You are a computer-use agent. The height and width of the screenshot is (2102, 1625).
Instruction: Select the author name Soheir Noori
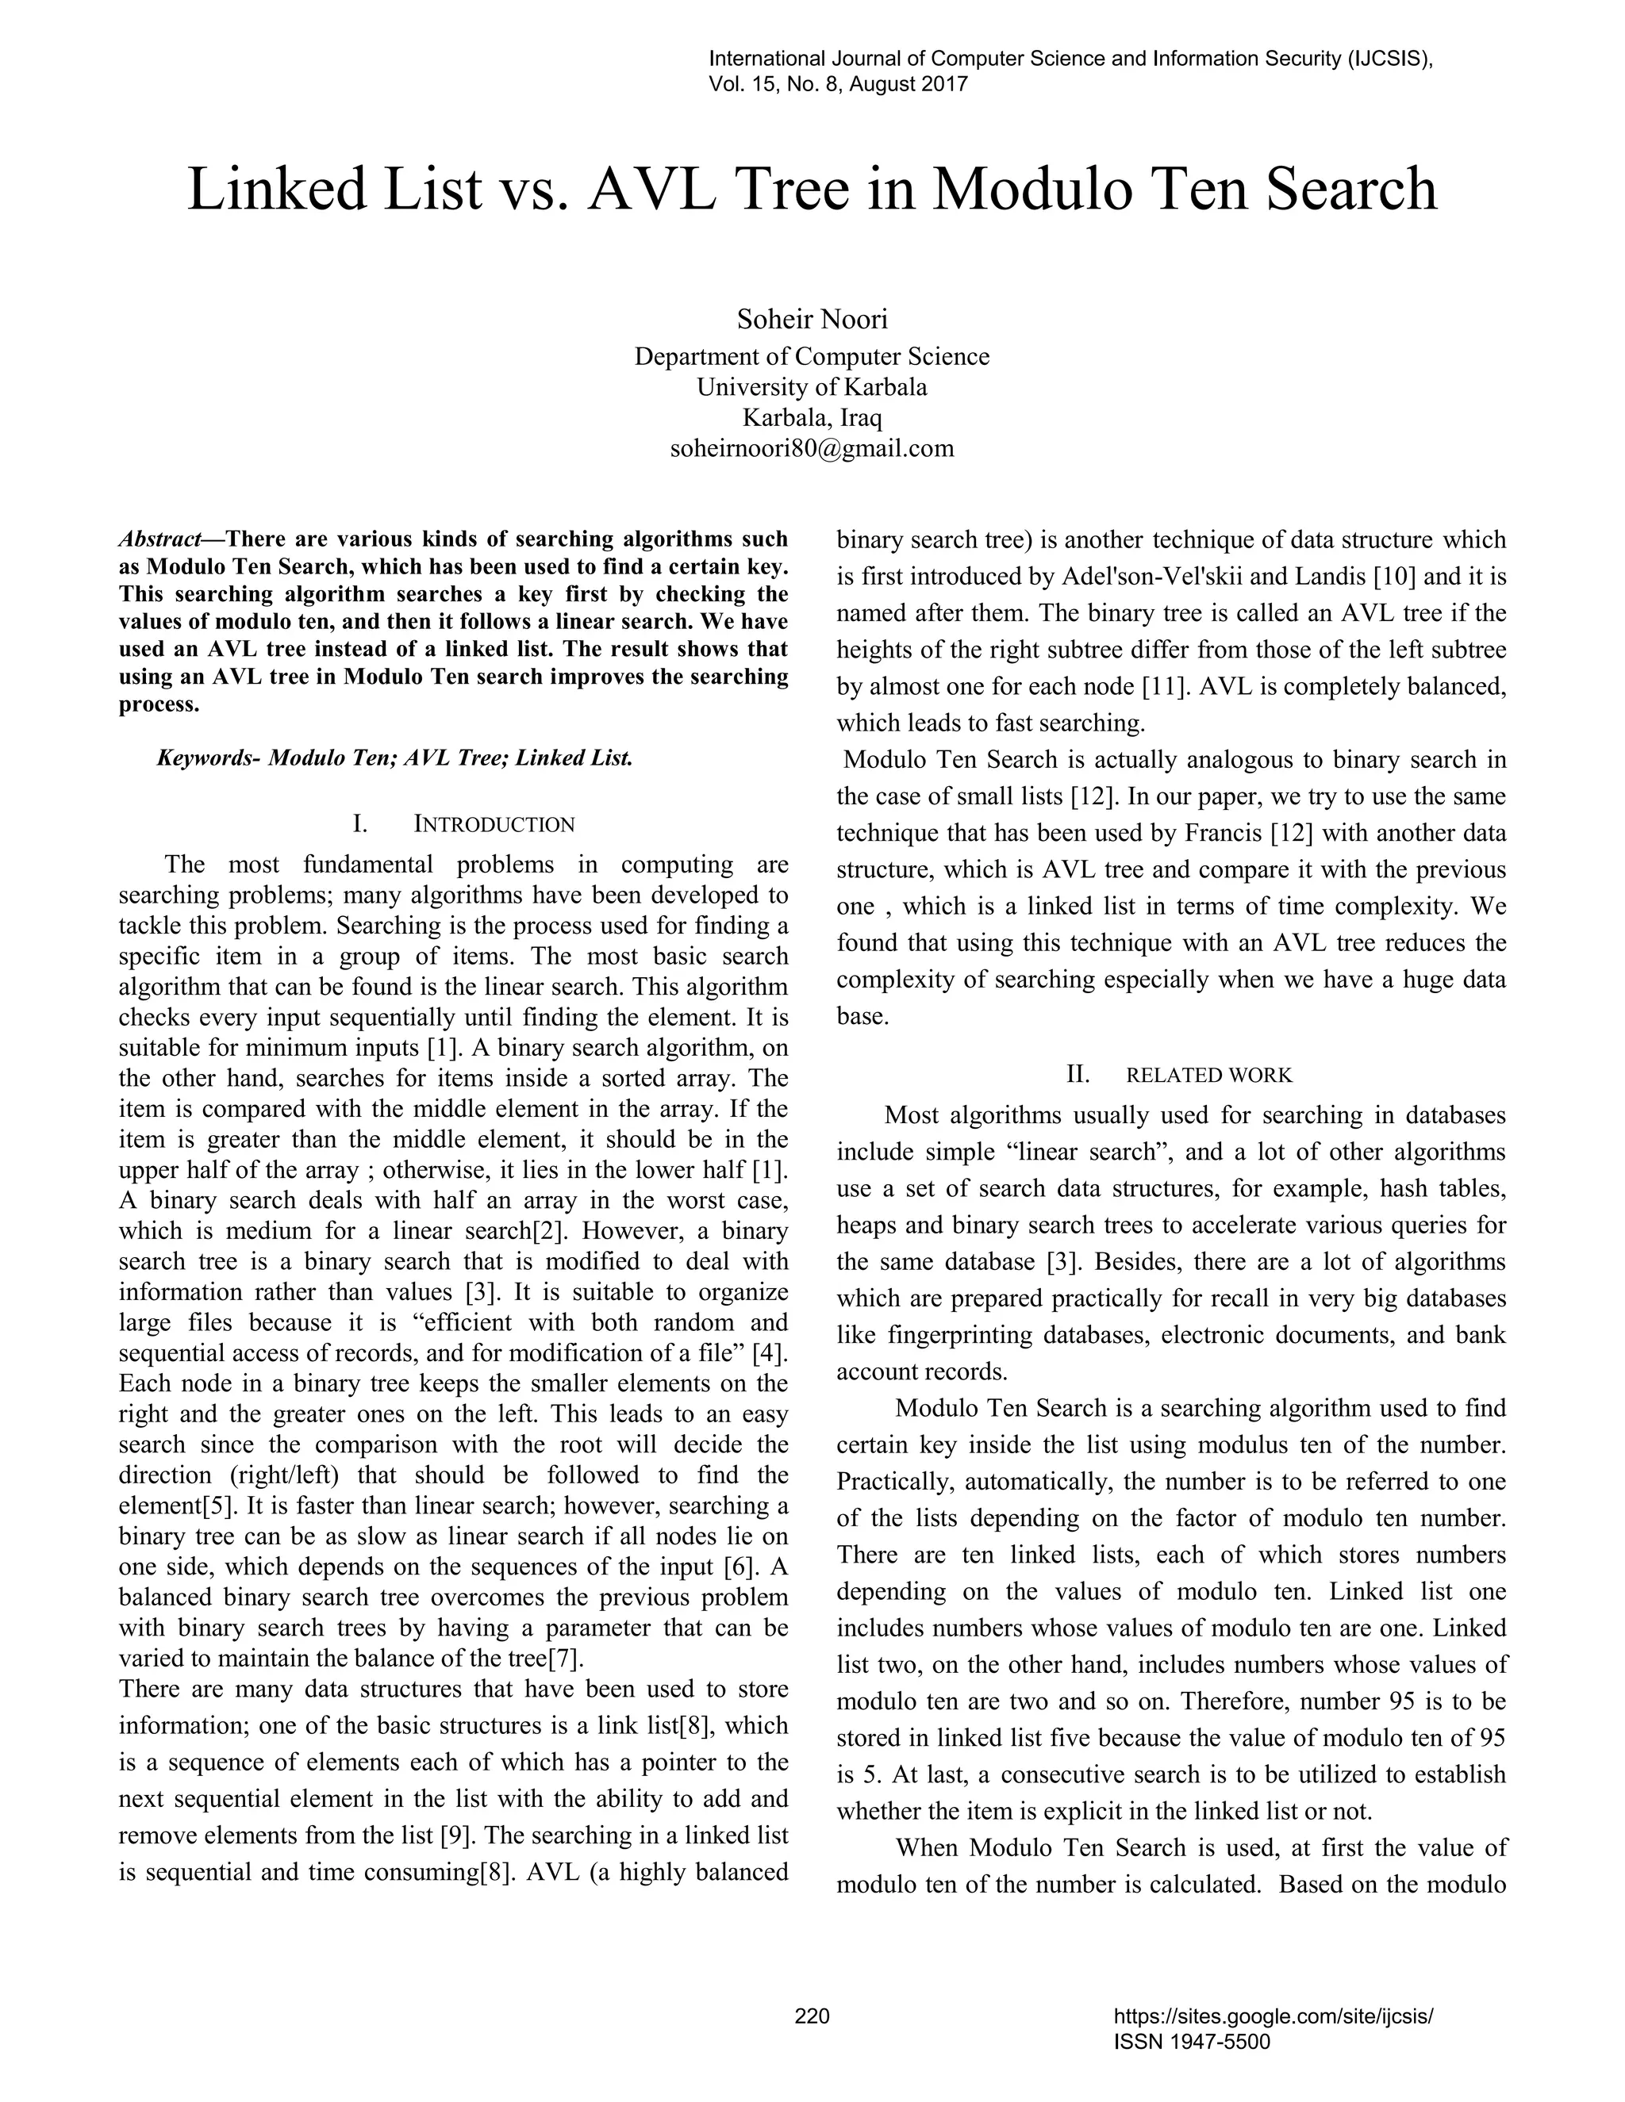click(x=812, y=319)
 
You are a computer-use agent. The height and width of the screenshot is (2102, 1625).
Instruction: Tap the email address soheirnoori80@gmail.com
click(x=812, y=448)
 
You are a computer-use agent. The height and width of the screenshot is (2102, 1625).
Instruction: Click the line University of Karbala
click(x=812, y=387)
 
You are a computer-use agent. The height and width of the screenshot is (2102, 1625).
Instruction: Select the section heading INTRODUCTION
click(x=494, y=825)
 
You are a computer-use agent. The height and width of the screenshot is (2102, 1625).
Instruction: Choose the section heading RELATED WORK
click(x=1209, y=1075)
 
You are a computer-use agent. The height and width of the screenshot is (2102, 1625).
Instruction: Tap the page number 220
click(x=812, y=2016)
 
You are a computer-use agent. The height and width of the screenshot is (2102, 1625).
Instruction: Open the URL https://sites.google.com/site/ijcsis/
click(x=1273, y=2016)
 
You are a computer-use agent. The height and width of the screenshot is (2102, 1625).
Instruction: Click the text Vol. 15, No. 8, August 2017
click(x=838, y=84)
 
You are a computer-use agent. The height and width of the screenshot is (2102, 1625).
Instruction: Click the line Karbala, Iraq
click(x=812, y=419)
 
